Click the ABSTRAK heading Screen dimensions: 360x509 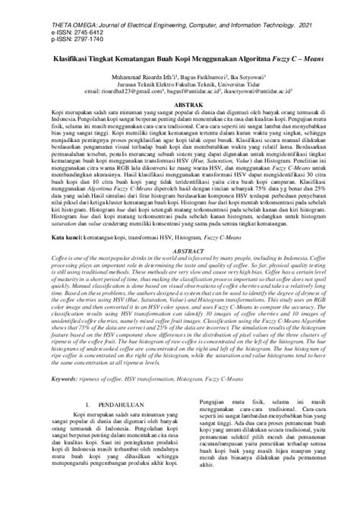point(180,109)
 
